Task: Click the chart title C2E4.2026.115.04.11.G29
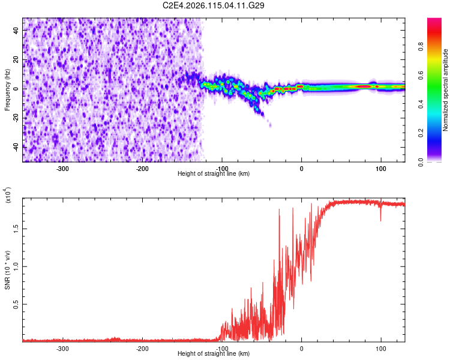(214, 5)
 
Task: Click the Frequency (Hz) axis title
(7, 90)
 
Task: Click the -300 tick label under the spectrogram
(63, 168)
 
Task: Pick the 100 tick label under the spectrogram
(380, 168)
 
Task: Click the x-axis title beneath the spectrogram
(214, 174)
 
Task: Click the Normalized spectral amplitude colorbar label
(446, 90)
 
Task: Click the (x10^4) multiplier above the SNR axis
(8, 195)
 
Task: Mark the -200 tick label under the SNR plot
(142, 348)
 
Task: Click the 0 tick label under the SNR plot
(301, 348)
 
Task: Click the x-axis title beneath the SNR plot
(214, 354)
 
